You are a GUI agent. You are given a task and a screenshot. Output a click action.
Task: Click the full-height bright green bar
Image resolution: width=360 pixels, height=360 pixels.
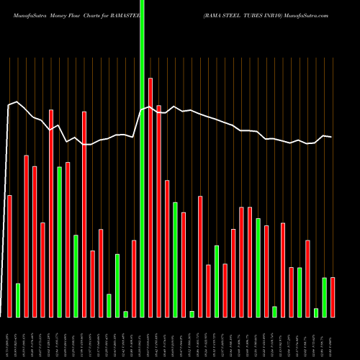(142, 180)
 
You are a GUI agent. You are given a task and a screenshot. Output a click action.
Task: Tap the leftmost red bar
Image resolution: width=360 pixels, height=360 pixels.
(10, 256)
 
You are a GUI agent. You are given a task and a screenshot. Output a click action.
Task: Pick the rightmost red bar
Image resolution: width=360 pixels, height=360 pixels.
(333, 297)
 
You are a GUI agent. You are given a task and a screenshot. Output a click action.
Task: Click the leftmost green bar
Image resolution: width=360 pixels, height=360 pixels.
(18, 300)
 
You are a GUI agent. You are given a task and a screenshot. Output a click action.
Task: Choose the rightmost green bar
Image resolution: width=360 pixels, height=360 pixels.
(325, 297)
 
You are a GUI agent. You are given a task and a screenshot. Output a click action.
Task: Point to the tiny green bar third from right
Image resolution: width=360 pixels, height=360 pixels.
(316, 312)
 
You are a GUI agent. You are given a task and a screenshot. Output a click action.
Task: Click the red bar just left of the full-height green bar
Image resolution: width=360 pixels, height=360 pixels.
(134, 279)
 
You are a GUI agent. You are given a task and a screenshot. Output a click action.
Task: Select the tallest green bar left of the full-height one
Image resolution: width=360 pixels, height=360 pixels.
(60, 242)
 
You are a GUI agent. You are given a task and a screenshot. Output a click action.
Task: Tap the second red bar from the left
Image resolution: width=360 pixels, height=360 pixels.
(27, 236)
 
